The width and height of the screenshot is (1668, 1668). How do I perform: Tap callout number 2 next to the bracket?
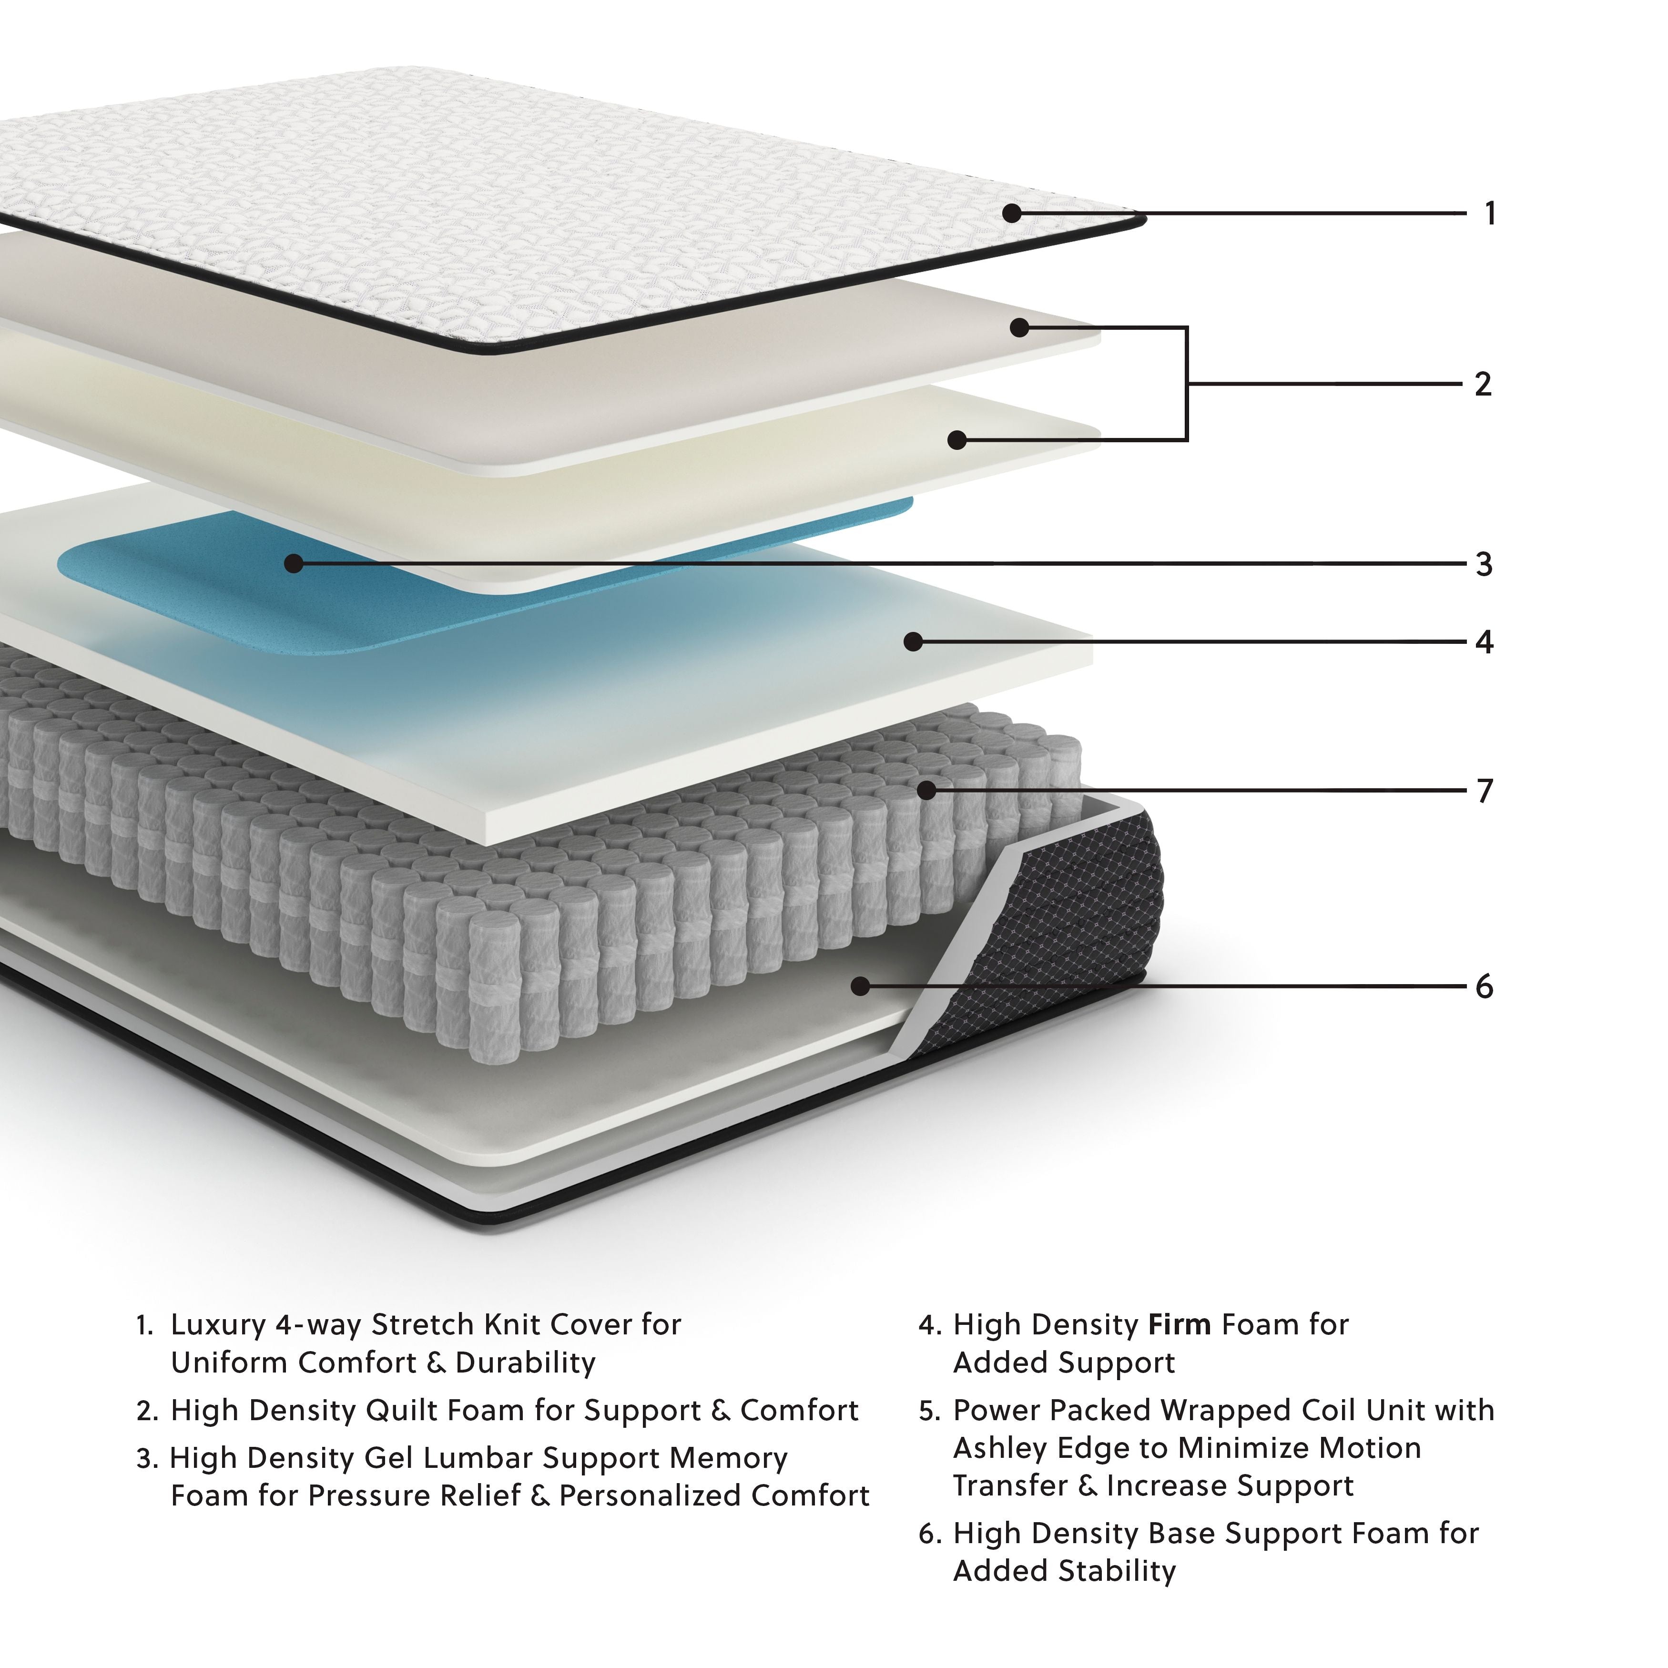click(x=1483, y=384)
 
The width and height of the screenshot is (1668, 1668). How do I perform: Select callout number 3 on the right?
click(x=1484, y=565)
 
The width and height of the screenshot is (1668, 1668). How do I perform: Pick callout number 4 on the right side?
click(x=1484, y=642)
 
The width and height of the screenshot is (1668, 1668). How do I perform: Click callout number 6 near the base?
click(x=1484, y=987)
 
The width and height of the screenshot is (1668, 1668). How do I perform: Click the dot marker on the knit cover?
click(x=1012, y=213)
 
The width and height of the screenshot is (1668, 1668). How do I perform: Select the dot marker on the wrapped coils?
click(x=926, y=790)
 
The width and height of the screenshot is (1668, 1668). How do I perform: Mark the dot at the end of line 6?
click(x=860, y=986)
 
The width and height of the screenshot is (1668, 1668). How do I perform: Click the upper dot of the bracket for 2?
click(x=1019, y=328)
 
